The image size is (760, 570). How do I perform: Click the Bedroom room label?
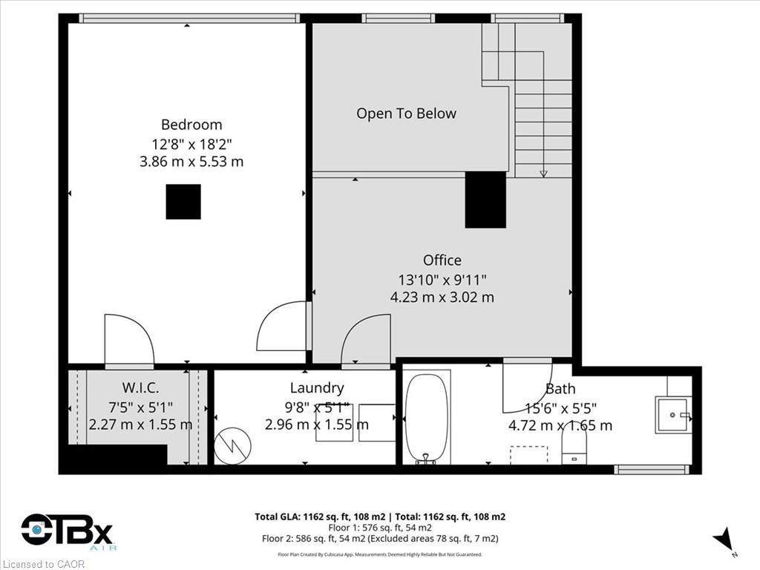[x=191, y=125]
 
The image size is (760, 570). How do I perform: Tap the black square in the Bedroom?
[x=183, y=202]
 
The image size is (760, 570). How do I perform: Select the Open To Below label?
[x=406, y=114]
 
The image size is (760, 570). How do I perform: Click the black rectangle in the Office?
[x=485, y=200]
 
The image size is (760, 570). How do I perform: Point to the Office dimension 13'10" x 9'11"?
[x=442, y=279]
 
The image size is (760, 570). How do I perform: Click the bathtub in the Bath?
[x=427, y=417]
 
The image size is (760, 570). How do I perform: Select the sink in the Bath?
[x=672, y=415]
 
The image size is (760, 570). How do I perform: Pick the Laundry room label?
[x=317, y=387]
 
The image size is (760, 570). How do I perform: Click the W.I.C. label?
[x=140, y=387]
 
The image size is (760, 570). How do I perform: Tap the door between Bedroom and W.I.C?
[x=129, y=341]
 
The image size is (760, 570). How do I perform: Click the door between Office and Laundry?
[x=366, y=341]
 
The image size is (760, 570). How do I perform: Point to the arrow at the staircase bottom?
[x=543, y=173]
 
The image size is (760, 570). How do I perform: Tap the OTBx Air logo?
[x=67, y=532]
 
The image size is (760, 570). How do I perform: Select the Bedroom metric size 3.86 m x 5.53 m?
[x=191, y=161]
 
